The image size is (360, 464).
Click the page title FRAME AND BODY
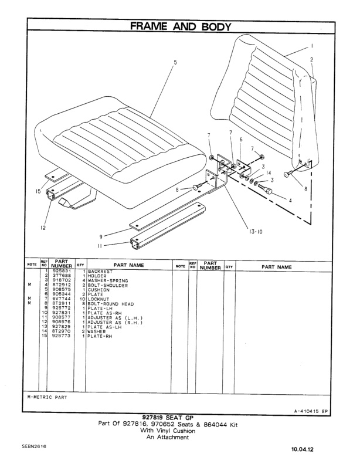179,27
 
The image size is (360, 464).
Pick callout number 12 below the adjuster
43,229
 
